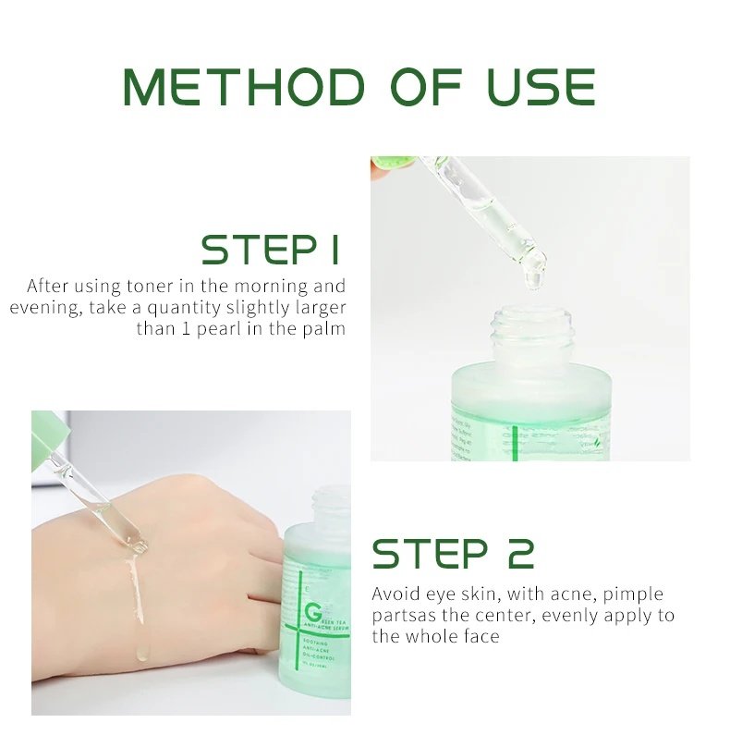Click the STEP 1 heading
click(x=271, y=250)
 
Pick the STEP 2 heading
click(x=453, y=553)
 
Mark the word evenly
click(x=572, y=615)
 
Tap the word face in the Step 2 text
click(x=480, y=636)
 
